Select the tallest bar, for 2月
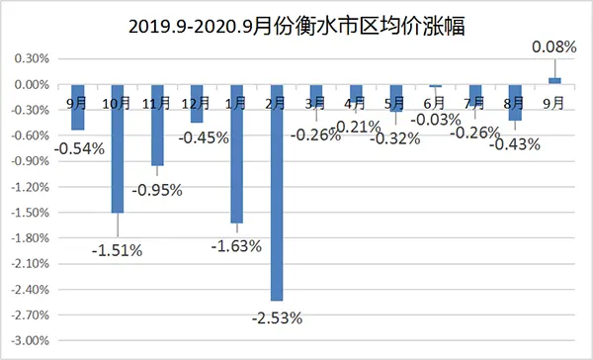click(x=276, y=193)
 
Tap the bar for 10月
click(x=118, y=148)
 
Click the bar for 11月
click(x=157, y=125)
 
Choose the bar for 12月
click(x=197, y=104)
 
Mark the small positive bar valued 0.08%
click(x=554, y=80)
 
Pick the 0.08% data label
click(x=553, y=45)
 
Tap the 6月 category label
click(x=434, y=102)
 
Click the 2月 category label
click(x=276, y=102)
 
